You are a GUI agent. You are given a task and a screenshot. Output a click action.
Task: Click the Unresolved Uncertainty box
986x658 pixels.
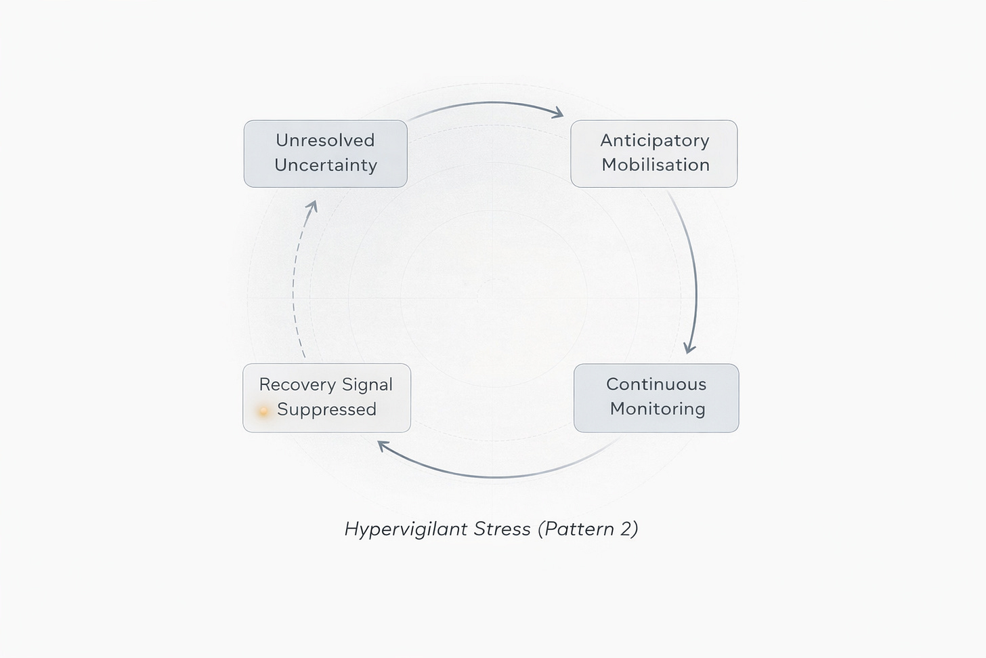[325, 154]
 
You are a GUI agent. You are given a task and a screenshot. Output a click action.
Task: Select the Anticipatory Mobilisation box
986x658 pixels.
[653, 154]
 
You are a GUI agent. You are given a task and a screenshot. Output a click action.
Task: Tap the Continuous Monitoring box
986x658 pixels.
[656, 398]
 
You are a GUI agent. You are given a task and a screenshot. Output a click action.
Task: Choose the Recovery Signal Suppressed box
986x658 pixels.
[326, 398]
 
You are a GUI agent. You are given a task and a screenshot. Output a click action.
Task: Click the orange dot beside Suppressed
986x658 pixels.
[263, 411]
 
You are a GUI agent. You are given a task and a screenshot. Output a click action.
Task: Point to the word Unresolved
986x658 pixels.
[325, 140]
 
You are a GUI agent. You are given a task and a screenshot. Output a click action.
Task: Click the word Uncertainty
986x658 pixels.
[326, 165]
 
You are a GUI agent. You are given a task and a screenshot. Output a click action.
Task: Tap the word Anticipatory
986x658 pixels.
[654, 141]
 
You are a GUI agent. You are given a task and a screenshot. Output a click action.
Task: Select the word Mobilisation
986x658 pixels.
[656, 165]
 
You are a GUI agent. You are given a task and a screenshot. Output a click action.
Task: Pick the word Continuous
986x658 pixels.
[656, 384]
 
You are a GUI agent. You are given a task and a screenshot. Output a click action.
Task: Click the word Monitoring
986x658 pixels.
[658, 409]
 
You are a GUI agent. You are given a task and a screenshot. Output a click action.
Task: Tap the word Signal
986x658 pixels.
[367, 385]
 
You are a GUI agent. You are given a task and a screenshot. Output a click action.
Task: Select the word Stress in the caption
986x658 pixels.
[502, 529]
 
